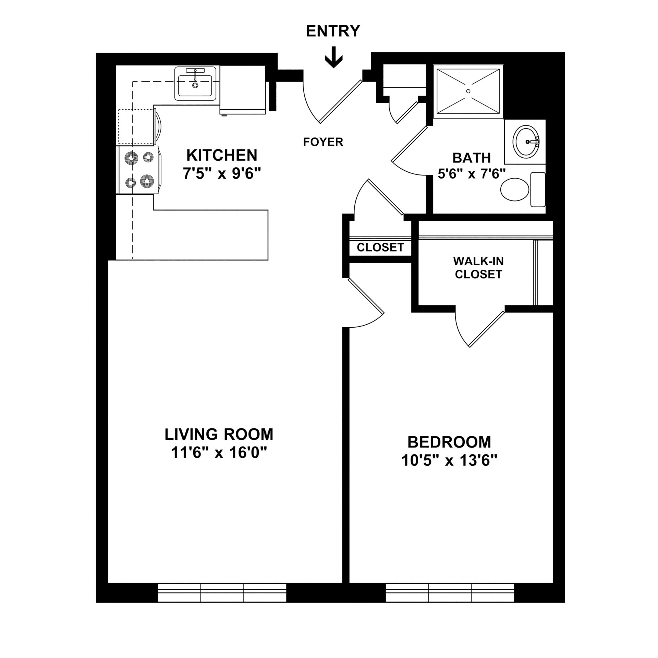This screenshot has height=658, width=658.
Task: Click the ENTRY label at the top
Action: pos(333,31)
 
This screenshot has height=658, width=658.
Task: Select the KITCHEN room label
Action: pos(222,155)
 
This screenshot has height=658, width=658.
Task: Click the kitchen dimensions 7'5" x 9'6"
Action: pos(222,174)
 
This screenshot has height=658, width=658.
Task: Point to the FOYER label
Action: pos(323,142)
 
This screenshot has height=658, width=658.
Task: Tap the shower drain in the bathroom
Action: pos(468,91)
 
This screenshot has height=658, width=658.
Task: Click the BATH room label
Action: pos(472,158)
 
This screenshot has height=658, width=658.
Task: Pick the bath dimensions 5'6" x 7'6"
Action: pos(472,174)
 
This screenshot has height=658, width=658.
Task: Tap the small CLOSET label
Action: pos(380,247)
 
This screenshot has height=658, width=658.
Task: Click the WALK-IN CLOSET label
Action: pos(478,268)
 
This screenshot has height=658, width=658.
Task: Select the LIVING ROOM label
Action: pos(219,435)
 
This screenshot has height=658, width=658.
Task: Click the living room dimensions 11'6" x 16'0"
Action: pos(219,453)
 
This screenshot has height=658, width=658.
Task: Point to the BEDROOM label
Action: pos(449,442)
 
